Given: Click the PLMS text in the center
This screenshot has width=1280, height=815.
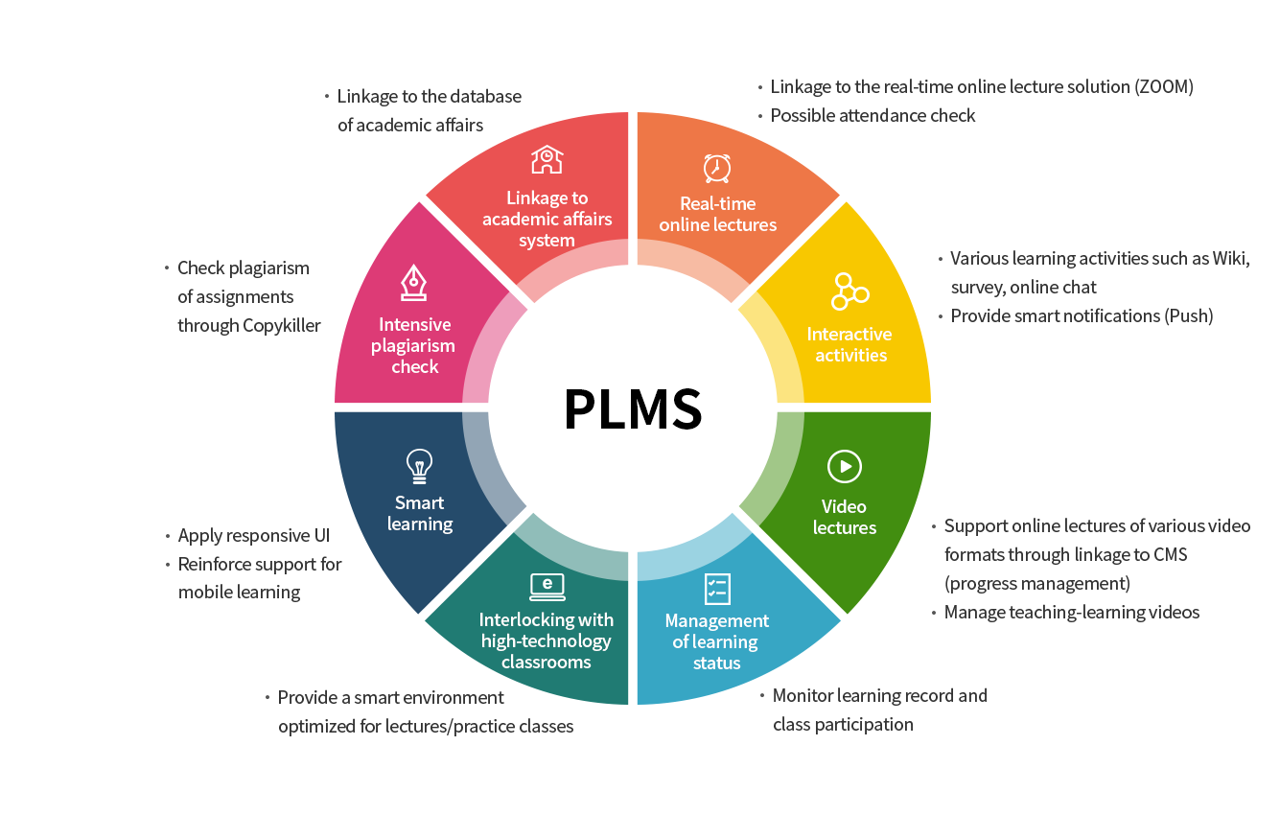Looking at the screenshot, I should pyautogui.click(x=633, y=408).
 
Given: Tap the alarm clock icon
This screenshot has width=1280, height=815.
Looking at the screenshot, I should pyautogui.click(x=717, y=167).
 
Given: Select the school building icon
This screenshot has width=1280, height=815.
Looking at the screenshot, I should pyautogui.click(x=547, y=159).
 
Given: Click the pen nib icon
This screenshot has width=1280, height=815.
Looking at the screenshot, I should pyautogui.click(x=414, y=283).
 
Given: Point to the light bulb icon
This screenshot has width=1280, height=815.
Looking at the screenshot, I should pyautogui.click(x=419, y=465).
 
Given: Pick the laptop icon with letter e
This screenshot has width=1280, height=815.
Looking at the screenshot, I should pyautogui.click(x=547, y=585).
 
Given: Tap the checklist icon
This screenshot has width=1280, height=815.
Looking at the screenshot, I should pyautogui.click(x=717, y=588).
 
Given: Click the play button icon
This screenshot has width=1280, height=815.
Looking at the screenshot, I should pyautogui.click(x=844, y=467).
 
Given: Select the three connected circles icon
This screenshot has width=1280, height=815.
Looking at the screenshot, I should pyautogui.click(x=849, y=291).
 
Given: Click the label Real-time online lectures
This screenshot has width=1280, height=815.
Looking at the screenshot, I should pyautogui.click(x=717, y=214).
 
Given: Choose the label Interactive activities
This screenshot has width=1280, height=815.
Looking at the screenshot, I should pyautogui.click(x=849, y=344).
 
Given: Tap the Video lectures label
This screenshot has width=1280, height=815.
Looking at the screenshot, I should pyautogui.click(x=844, y=517).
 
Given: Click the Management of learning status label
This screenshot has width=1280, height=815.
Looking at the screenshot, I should pyautogui.click(x=717, y=641).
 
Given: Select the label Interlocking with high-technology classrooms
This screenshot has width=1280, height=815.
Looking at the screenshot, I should pyautogui.click(x=547, y=640).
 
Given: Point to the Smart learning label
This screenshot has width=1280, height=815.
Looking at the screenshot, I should pyautogui.click(x=419, y=513).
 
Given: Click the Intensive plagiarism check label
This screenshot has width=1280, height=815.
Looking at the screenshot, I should pyautogui.click(x=414, y=345).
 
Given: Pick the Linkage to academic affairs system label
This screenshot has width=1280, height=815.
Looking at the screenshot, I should pyautogui.click(x=547, y=219).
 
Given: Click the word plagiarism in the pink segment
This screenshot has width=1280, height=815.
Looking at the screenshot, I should pyautogui.click(x=413, y=345).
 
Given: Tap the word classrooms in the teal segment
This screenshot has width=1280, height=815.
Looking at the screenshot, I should pyautogui.click(x=547, y=662).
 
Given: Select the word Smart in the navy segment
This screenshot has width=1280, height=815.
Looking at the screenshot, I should pyautogui.click(x=419, y=502).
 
